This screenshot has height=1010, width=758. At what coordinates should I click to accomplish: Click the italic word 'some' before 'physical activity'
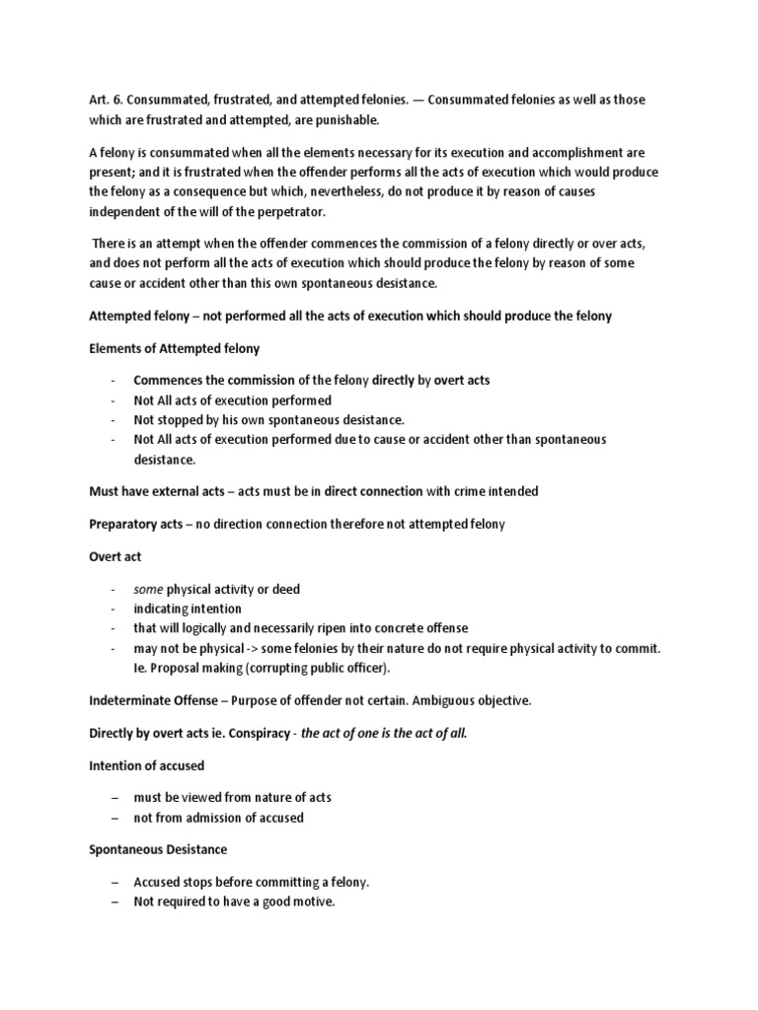(149, 589)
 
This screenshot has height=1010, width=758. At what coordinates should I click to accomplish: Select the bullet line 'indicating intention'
(188, 609)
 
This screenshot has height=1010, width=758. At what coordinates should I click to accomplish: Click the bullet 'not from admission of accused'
(218, 818)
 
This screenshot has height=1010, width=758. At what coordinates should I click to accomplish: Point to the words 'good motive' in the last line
(302, 902)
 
